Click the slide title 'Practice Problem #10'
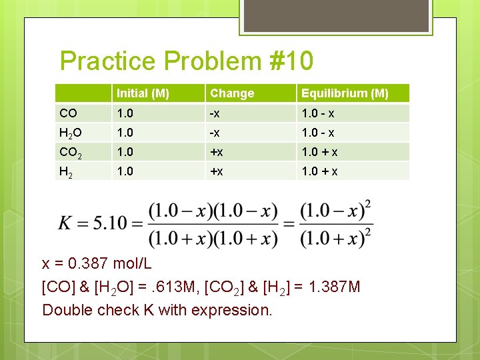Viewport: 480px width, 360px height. [186, 61]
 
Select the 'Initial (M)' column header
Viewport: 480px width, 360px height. [142, 93]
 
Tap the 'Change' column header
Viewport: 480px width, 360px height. [231, 93]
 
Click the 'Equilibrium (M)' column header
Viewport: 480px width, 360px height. [344, 93]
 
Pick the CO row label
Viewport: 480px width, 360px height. [68, 113]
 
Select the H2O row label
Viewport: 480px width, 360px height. [70, 133]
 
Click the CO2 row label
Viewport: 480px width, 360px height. [71, 152]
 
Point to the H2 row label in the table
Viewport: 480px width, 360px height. [66, 171]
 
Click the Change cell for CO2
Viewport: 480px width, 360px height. [217, 152]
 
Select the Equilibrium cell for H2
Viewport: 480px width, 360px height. [319, 171]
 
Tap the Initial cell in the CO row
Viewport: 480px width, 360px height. [125, 113]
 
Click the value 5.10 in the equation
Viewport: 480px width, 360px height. [109, 222]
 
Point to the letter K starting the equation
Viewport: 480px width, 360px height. [67, 222]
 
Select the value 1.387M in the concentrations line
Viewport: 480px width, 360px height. [331, 287]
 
